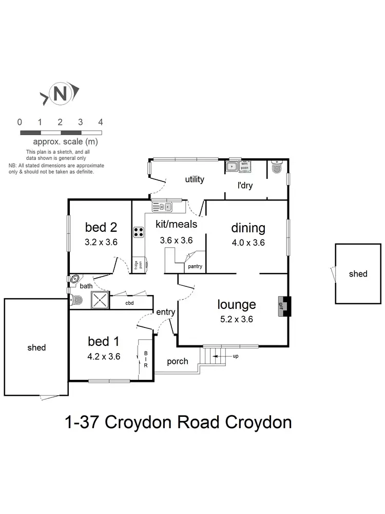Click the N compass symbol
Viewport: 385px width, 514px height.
(60, 94)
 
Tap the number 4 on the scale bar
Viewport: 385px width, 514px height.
(101, 122)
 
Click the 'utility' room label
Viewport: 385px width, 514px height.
(195, 179)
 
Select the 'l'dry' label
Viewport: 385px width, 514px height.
(245, 186)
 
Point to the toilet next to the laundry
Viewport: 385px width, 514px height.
(277, 168)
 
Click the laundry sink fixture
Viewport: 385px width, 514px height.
(232, 167)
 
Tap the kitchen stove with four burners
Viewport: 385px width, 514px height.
(139, 232)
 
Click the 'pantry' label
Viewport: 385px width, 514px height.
(195, 266)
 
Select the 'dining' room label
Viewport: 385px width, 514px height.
(248, 228)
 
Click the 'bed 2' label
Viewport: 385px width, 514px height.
(101, 227)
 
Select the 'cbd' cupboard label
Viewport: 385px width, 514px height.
(129, 303)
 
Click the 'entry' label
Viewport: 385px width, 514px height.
(166, 312)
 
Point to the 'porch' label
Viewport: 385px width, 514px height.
(178, 361)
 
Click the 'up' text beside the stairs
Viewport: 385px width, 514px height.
(235, 356)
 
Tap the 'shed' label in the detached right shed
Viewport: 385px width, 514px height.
(358, 274)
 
